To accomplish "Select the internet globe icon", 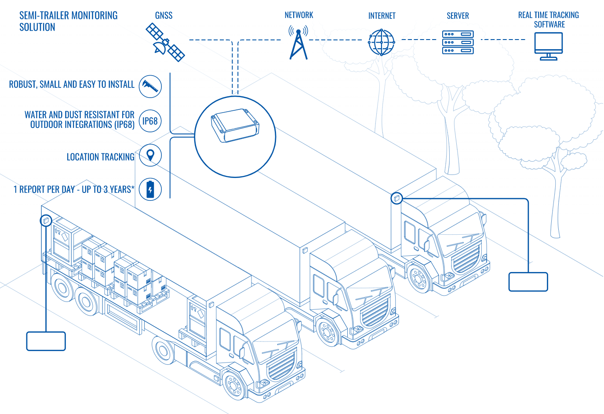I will tap(381, 43).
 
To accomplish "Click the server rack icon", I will tap(458, 43).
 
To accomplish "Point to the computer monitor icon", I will tap(548, 46).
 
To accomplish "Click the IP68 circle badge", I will tap(150, 121).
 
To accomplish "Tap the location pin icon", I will tap(150, 155).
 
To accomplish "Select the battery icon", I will tap(150, 189).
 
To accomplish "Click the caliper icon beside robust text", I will tap(150, 86).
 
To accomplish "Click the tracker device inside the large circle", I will tap(235, 126).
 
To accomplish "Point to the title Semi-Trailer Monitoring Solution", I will tap(68, 21).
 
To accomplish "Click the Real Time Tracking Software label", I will tap(548, 20).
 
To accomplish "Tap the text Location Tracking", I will tap(100, 157).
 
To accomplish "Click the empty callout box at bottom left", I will tap(46, 341).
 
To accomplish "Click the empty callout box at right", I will tap(528, 282).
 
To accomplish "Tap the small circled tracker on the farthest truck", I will tap(397, 198).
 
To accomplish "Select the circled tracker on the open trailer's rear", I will tap(46, 220).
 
